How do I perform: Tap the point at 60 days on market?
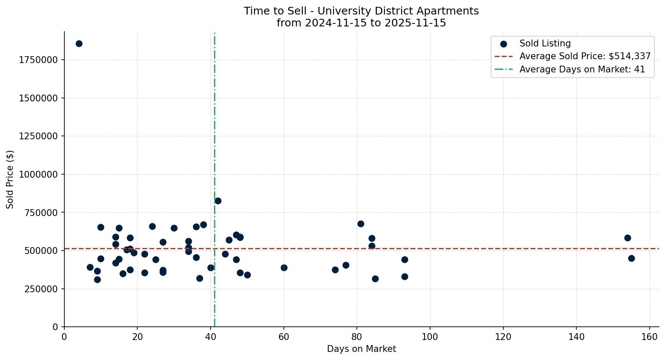tap(284, 268)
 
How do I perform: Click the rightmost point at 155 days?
tap(631, 258)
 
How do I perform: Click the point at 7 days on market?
tap(90, 267)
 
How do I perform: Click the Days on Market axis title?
tap(361, 349)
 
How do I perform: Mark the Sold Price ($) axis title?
tap(10, 179)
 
